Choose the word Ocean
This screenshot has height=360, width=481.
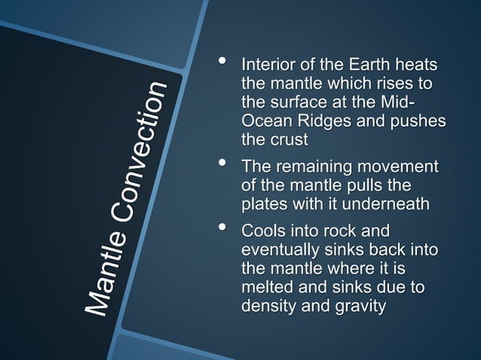(x=262, y=122)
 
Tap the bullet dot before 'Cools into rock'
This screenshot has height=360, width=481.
(x=221, y=227)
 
